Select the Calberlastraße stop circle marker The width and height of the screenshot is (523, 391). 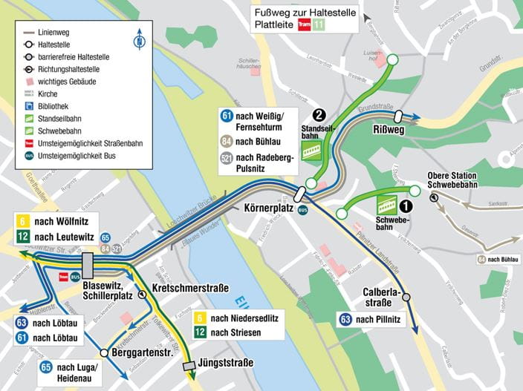(x=406, y=297)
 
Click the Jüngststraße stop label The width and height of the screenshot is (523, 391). (x=227, y=363)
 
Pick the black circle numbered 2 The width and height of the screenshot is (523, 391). (x=319, y=114)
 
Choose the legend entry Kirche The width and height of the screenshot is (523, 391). (x=49, y=94)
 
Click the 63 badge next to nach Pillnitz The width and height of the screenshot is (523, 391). (x=345, y=320)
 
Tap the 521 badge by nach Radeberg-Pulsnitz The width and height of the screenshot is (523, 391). (x=227, y=158)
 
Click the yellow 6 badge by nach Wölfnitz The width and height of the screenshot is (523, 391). (x=23, y=222)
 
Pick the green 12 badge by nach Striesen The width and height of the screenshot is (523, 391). (x=199, y=332)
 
